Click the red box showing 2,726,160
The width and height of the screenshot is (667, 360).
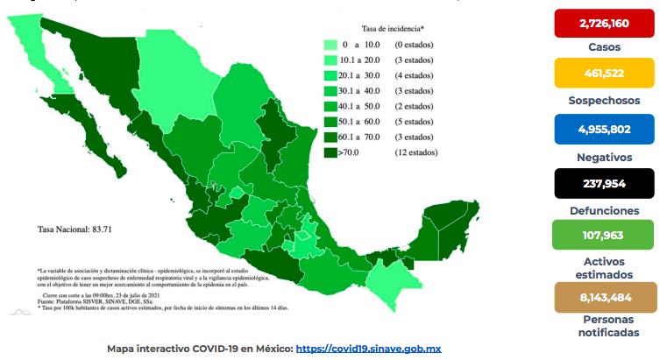604,23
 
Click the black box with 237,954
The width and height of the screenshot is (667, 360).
604,185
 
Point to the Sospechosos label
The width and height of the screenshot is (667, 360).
604,100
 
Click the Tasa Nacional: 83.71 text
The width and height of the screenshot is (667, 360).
76,229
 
